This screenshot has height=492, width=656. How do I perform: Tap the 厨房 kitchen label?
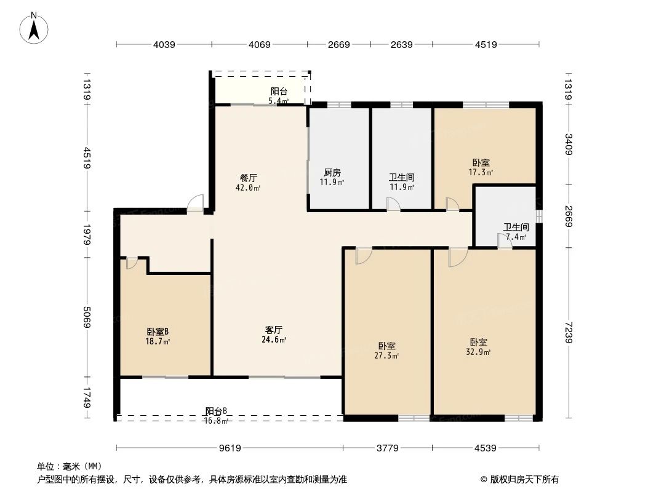(332, 177)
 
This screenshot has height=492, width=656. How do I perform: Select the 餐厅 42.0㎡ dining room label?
(248, 183)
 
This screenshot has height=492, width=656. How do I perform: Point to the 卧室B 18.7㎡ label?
(158, 336)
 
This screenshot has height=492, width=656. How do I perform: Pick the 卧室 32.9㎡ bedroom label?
(479, 347)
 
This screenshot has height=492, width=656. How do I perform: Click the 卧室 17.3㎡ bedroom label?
(481, 167)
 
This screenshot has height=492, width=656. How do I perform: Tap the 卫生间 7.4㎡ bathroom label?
(516, 231)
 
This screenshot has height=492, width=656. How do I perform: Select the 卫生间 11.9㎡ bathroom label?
(401, 182)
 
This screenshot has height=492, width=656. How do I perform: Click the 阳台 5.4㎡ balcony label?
(279, 95)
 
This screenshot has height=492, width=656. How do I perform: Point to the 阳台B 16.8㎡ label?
(216, 416)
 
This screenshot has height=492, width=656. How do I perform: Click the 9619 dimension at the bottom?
(230, 448)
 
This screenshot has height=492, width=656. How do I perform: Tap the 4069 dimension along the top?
(260, 44)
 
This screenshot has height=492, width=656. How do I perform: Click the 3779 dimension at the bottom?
(387, 448)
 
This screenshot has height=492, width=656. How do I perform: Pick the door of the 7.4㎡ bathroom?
(505, 242)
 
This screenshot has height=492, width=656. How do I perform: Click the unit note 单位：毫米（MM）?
(69, 466)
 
